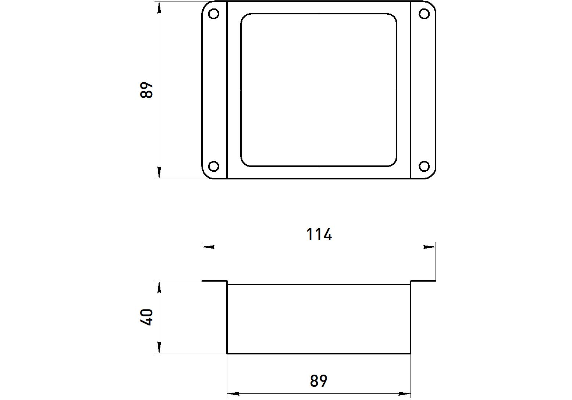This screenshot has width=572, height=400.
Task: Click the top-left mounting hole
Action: click(213, 14)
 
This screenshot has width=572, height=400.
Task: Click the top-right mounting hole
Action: click(424, 14)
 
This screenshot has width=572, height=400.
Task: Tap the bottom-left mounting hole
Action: click(213, 166)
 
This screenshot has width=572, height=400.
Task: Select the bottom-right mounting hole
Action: click(424, 166)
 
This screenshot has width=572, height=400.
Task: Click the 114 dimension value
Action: click(319, 234)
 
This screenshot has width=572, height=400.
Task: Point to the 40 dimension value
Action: click(147, 317)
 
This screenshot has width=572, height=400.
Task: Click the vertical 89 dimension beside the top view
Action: click(146, 90)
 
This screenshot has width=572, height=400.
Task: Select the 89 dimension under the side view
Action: click(319, 381)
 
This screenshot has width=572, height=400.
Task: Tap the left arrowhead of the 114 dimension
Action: click(208, 247)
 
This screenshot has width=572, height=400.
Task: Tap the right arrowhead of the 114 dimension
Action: click(430, 247)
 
